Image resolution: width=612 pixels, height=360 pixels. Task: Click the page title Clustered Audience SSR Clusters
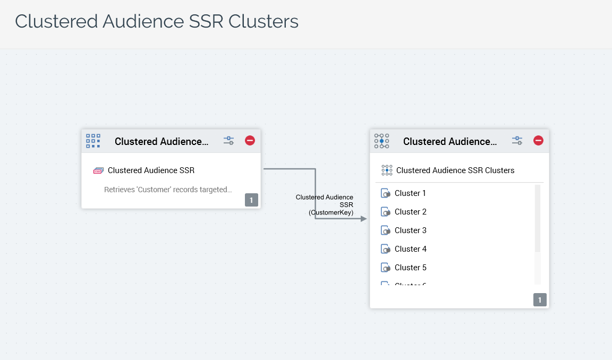(157, 22)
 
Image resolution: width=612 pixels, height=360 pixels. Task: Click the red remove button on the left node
(250, 141)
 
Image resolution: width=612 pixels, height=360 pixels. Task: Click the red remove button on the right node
(538, 141)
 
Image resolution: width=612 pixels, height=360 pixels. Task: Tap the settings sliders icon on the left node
(228, 141)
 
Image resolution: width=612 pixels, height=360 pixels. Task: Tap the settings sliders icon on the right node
(517, 141)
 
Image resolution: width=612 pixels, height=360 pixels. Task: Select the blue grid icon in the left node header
(93, 141)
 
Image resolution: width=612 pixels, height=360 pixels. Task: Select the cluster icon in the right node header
(381, 141)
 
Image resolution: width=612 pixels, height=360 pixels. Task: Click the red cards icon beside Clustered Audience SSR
(98, 170)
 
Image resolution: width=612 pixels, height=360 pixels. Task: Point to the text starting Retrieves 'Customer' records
(168, 190)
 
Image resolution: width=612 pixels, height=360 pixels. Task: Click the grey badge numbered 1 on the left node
(251, 200)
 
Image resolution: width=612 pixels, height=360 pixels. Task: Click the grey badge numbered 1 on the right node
(540, 300)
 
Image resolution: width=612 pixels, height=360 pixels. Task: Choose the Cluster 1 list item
(410, 193)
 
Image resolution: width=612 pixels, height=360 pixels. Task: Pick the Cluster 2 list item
(410, 212)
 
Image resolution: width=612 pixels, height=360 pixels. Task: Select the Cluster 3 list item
(410, 230)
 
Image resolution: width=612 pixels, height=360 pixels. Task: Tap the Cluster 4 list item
(410, 249)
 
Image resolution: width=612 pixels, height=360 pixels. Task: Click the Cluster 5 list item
(410, 268)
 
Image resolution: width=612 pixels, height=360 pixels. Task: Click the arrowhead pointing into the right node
(363, 219)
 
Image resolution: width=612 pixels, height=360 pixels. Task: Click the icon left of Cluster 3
(386, 230)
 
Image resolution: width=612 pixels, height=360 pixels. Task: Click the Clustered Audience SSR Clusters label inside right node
(455, 170)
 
